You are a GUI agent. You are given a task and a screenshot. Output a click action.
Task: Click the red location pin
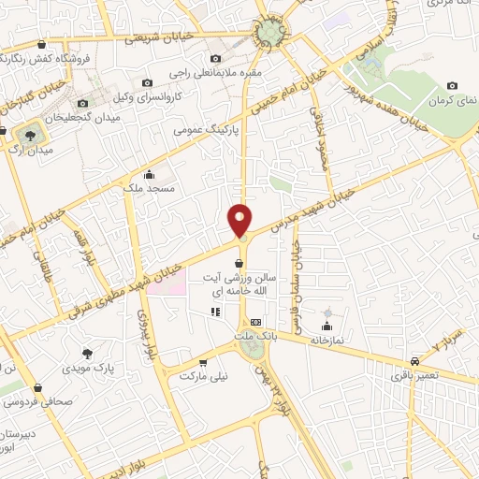tap(240, 219)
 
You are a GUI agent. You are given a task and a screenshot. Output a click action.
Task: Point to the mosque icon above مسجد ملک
tap(149, 173)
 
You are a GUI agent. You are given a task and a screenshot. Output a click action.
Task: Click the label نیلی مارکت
tap(203, 375)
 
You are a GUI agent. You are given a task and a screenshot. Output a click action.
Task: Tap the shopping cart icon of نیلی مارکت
tap(203, 360)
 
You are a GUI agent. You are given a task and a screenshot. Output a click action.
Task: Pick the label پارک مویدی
tap(88, 369)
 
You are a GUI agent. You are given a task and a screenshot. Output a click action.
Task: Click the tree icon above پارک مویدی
tap(88, 354)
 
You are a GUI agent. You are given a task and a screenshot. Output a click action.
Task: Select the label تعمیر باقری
tap(414, 375)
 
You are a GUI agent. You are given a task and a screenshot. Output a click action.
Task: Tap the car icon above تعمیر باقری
tap(414, 360)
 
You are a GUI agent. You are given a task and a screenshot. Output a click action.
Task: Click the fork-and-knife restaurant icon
tap(216, 312)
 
